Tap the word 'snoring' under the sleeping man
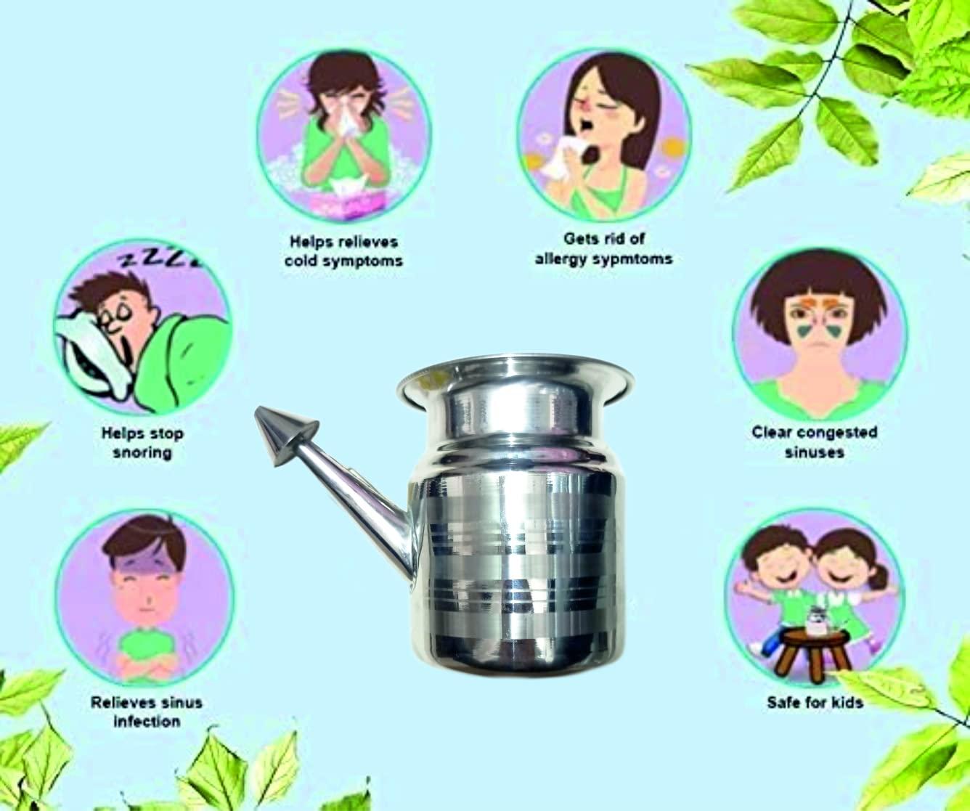pyautogui.click(x=142, y=452)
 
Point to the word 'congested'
pyautogui.click(x=837, y=433)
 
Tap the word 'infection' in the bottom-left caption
pyautogui.click(x=146, y=721)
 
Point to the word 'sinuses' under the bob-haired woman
pyautogui.click(x=814, y=452)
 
